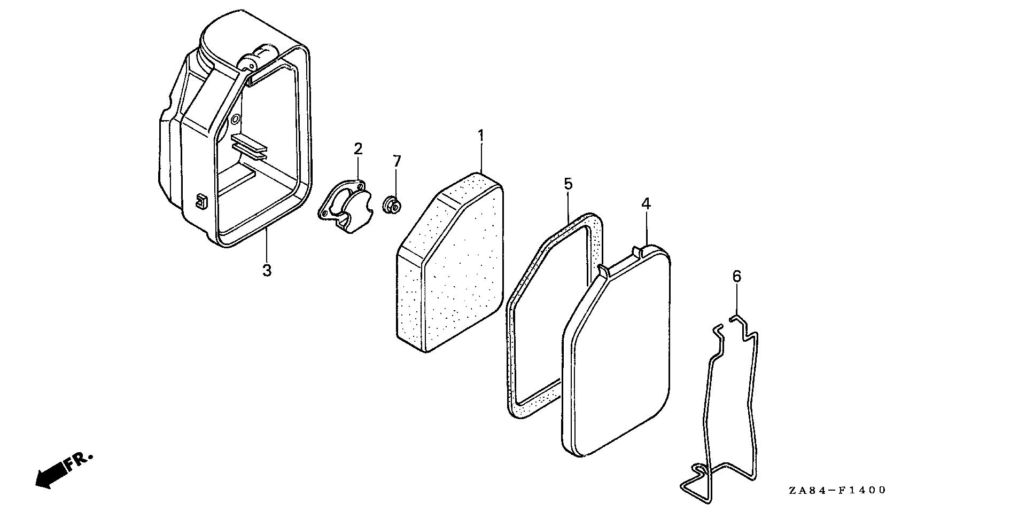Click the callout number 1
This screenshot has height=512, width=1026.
480,136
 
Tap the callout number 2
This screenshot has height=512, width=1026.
357,149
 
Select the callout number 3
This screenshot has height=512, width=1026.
267,271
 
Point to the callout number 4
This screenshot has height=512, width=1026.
646,203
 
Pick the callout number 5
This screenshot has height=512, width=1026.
568,184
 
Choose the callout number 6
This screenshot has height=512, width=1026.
736,276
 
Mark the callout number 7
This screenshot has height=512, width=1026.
396,161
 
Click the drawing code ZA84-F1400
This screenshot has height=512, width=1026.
836,490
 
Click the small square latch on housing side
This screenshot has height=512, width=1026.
200,201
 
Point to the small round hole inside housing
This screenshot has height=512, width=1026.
235,119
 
